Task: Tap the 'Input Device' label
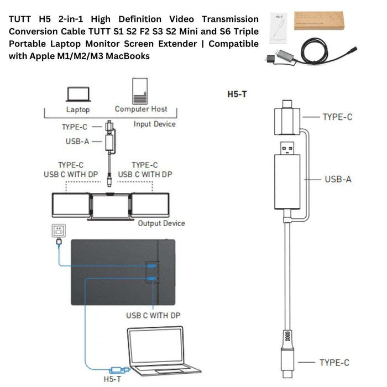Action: [x=155, y=124]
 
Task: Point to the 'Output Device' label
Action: [x=161, y=223]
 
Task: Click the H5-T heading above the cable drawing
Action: [x=237, y=94]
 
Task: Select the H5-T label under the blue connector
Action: [x=113, y=379]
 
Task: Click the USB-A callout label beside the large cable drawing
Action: [x=337, y=179]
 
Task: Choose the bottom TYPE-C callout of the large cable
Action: [x=334, y=363]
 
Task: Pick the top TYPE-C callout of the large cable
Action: [x=337, y=117]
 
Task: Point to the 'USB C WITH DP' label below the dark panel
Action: [x=153, y=316]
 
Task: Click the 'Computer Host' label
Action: [x=141, y=109]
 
